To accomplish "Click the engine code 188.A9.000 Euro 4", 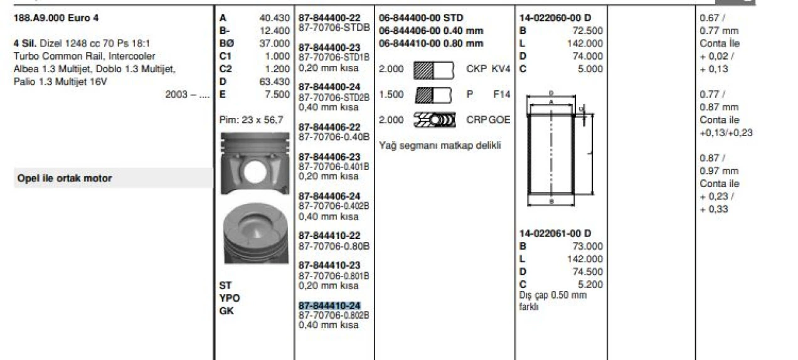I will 56,18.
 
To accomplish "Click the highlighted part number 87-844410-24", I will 329,305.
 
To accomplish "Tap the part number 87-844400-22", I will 329,19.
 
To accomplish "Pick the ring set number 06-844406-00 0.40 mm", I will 431,31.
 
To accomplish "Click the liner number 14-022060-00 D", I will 555,18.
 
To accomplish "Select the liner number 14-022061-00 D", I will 555,233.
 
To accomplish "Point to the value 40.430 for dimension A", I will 274,18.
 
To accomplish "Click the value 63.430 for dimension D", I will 274,82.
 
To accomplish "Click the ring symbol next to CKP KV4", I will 433,69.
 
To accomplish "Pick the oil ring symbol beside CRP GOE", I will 433,120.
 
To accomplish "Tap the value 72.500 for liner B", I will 588,31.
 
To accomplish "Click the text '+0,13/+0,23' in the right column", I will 726,133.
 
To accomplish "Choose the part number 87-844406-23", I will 329,157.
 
